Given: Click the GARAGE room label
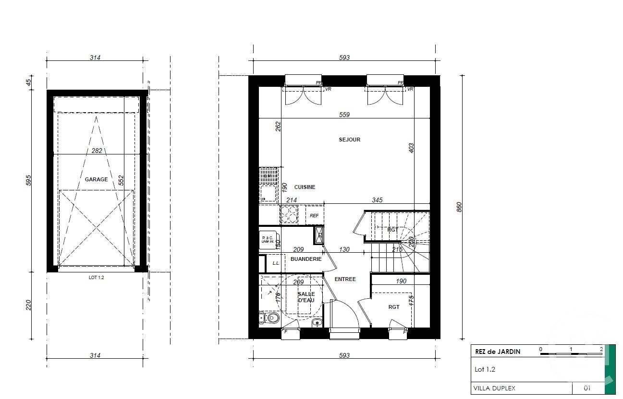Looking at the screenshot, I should [96, 179].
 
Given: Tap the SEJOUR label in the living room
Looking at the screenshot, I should [349, 140].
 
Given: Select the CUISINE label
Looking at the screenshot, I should [305, 187].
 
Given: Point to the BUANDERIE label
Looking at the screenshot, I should [306, 259].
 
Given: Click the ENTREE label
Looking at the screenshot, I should [345, 279].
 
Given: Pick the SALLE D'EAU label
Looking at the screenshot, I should [306, 297].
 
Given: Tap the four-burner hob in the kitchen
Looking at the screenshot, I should [289, 214].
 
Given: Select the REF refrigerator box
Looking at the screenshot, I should [314, 216].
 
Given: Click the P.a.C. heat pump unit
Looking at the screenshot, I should [268, 239].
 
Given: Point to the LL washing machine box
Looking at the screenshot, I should [276, 263].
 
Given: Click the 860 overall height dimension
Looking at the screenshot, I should [459, 207].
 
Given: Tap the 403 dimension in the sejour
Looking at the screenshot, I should [411, 148].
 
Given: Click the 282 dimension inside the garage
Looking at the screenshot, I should [97, 150].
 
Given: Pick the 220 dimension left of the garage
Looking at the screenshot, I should [28, 305].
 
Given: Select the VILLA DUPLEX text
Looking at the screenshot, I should [494, 388].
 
